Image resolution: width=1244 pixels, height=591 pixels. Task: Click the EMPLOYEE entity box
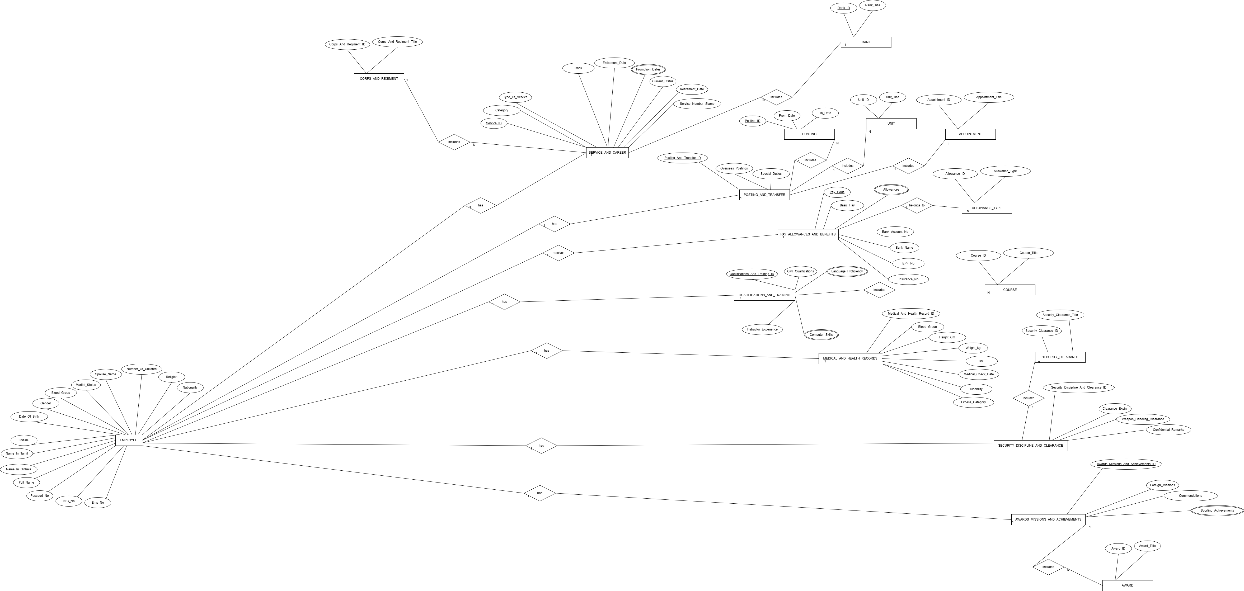click(128, 440)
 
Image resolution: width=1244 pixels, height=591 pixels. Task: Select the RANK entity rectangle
click(866, 42)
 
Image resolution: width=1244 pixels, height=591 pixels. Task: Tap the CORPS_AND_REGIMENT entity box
click(379, 79)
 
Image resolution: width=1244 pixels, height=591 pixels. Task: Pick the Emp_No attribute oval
click(97, 503)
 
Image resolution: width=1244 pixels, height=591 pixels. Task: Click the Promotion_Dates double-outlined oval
click(648, 69)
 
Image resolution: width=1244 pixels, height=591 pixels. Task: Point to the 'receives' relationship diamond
click(558, 253)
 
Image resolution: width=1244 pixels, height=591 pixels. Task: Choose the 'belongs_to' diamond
click(917, 205)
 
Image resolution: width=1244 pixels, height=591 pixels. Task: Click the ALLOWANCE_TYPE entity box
click(987, 208)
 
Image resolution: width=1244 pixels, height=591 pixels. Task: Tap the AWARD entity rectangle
click(1127, 585)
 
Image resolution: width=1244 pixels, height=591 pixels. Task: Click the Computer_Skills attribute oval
click(821, 335)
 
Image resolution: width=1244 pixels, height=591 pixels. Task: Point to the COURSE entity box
click(1010, 290)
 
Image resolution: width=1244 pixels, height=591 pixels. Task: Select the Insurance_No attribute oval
click(908, 279)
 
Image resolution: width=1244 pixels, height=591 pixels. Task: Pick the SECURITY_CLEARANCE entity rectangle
click(1060, 357)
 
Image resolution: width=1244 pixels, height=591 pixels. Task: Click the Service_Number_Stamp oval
click(697, 104)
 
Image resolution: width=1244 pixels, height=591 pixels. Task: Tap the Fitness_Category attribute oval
click(973, 402)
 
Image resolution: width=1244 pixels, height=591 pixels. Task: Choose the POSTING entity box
click(809, 134)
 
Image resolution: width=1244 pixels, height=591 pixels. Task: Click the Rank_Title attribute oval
click(873, 5)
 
